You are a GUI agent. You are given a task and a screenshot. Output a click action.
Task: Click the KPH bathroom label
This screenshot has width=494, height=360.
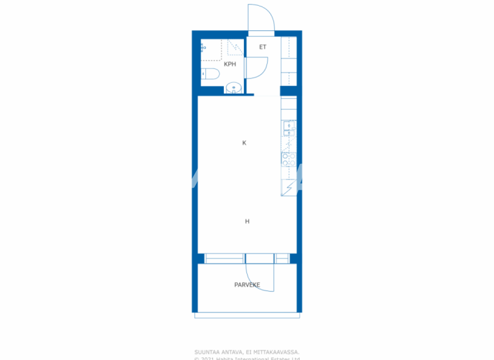click(x=230, y=64)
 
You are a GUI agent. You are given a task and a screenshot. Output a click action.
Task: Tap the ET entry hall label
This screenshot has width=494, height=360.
click(x=262, y=47)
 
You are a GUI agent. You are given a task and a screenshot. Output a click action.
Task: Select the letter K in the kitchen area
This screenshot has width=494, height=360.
click(x=244, y=143)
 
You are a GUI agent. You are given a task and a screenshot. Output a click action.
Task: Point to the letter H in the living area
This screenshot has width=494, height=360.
click(x=247, y=221)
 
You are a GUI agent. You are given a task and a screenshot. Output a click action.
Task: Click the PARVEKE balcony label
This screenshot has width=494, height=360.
click(x=247, y=283)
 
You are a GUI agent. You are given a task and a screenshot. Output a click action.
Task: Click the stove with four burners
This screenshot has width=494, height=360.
click(x=289, y=160)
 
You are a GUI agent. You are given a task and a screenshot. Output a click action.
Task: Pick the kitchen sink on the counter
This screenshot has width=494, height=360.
click(x=289, y=129)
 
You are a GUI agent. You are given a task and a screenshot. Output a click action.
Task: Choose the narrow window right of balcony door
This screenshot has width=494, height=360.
click(x=282, y=258)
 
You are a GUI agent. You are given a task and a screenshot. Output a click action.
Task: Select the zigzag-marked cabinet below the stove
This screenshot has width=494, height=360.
click(x=289, y=187)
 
